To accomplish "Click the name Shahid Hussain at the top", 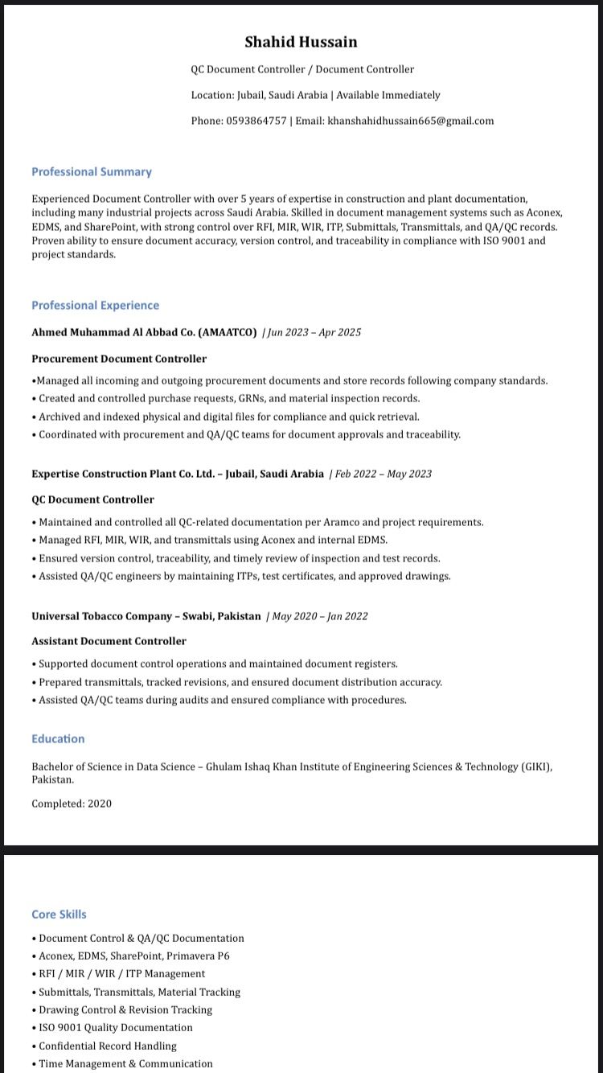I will click(301, 42).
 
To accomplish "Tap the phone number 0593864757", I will click(256, 121).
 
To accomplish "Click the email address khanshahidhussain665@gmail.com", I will click(410, 121).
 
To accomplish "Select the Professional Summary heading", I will click(92, 172).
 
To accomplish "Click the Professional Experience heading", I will click(95, 306).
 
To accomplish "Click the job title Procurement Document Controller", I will click(119, 359).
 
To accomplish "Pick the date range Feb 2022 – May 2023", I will click(384, 474).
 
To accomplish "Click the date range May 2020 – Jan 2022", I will click(320, 616).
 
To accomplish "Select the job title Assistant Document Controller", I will click(109, 641).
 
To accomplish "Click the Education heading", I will click(58, 739).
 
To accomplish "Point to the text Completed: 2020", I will click(72, 804).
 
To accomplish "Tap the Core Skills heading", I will click(59, 915).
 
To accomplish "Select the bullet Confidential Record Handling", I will click(108, 1046).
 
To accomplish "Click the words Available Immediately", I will click(388, 95).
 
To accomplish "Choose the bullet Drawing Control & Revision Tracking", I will click(125, 1010).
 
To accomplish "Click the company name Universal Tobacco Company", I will click(102, 616).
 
